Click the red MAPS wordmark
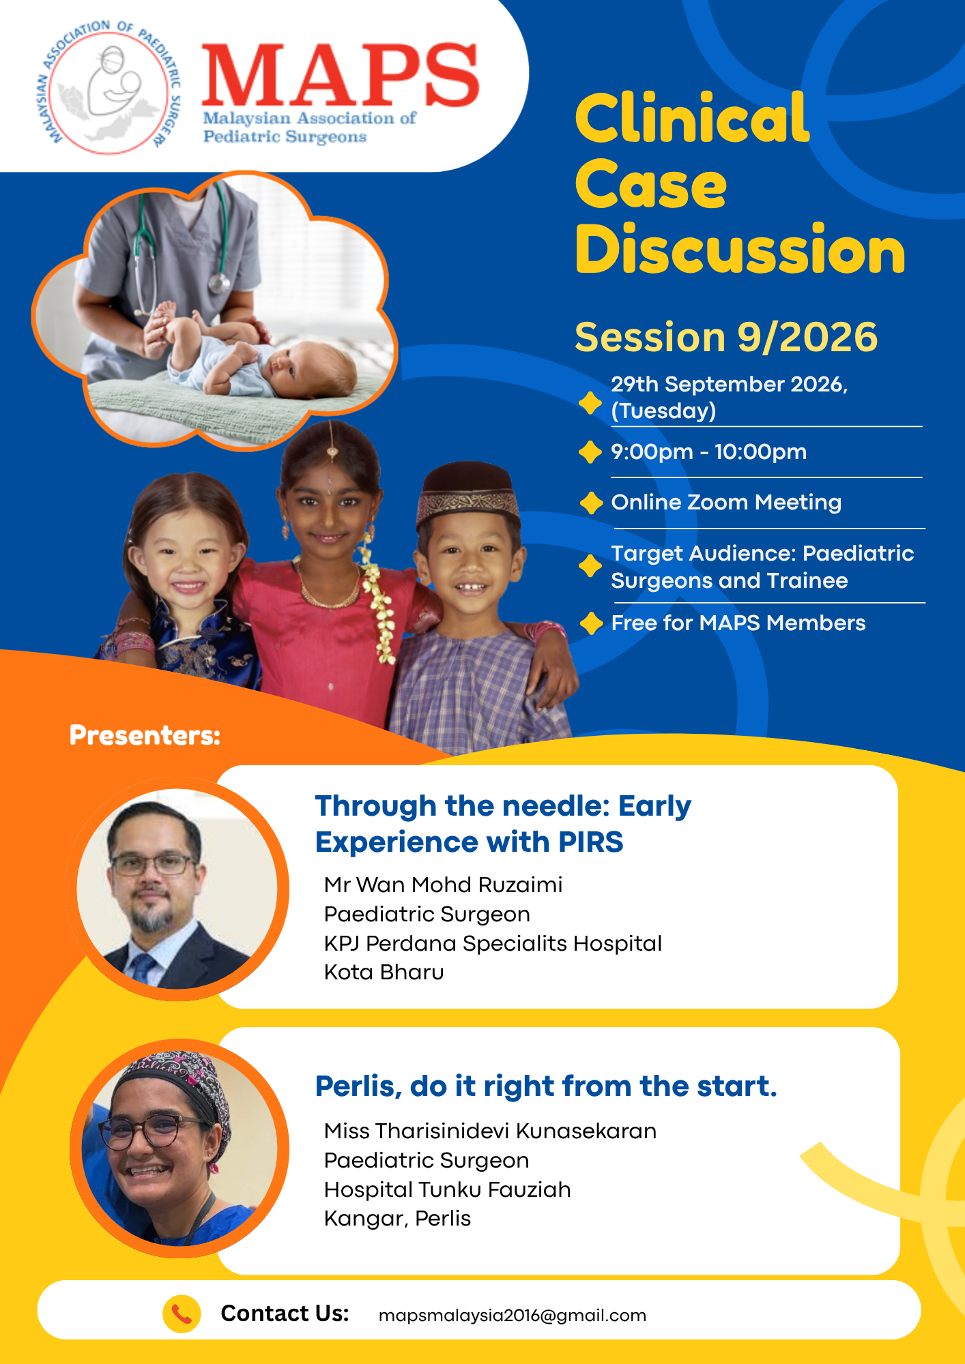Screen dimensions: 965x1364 (x=340, y=75)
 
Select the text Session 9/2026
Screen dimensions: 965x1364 (x=726, y=337)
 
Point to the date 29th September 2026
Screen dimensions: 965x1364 (x=730, y=385)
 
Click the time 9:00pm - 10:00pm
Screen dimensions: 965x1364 (x=709, y=451)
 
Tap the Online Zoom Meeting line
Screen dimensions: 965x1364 (x=726, y=503)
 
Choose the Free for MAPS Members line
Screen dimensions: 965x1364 (x=738, y=623)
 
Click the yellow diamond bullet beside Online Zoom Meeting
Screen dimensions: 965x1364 (x=591, y=503)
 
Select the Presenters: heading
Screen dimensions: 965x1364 (x=145, y=735)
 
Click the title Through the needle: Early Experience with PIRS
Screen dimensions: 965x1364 (x=503, y=824)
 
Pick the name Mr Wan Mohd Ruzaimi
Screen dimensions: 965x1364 (x=444, y=885)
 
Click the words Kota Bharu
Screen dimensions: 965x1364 (x=384, y=972)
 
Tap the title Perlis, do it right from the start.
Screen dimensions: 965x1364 (x=546, y=1086)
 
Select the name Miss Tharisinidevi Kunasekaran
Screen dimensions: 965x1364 (x=490, y=1131)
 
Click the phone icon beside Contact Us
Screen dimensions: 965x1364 (x=182, y=1314)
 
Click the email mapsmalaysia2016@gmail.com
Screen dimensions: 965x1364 (x=513, y=1316)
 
